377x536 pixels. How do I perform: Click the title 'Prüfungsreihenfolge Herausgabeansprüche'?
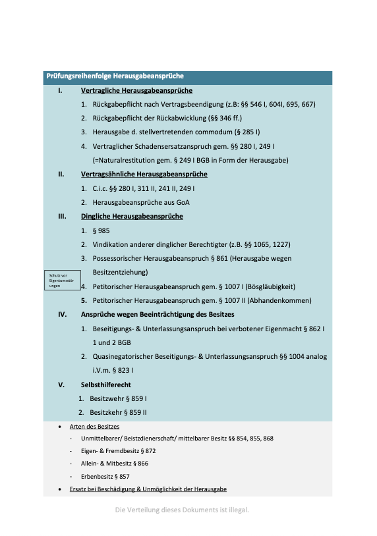click(x=115, y=77)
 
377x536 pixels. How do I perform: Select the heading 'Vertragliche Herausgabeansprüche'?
click(x=136, y=91)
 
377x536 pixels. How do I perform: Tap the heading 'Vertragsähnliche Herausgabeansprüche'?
click(x=144, y=174)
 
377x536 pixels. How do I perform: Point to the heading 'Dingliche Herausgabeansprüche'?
click(x=132, y=216)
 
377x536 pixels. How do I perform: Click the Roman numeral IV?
click(x=62, y=314)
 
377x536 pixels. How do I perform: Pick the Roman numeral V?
click(x=61, y=384)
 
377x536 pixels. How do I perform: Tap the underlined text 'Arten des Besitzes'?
click(x=94, y=427)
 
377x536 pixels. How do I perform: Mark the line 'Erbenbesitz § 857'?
click(x=105, y=476)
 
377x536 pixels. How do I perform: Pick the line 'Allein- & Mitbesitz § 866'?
click(x=115, y=464)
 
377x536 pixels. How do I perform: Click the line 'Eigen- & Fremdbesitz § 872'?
click(x=118, y=451)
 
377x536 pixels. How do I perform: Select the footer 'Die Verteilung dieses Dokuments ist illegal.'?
click(x=182, y=510)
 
